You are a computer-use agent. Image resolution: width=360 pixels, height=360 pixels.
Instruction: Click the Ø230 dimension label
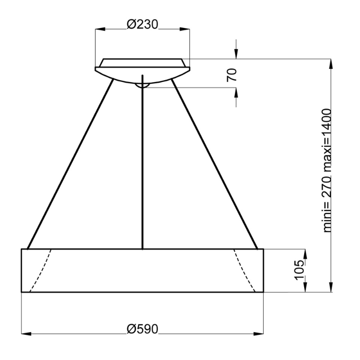point(142,24)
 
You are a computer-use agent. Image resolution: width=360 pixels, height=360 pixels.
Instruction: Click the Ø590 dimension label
point(142,329)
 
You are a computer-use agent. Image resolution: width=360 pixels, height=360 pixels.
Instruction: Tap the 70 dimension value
point(231,75)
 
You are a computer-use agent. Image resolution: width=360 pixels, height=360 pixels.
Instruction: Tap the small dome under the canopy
point(142,84)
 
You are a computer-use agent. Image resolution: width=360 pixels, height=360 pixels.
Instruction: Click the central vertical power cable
point(142,166)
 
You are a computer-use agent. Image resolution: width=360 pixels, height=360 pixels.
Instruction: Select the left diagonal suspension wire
point(70,164)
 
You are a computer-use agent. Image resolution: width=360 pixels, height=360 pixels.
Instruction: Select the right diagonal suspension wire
point(215,164)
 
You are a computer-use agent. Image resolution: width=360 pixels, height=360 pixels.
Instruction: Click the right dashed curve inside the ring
point(245,270)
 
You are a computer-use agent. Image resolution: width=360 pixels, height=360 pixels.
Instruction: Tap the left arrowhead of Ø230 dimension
point(99,29)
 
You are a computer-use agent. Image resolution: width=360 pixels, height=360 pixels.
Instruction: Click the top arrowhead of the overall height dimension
point(332,63)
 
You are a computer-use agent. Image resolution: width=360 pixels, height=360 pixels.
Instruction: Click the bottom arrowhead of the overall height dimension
point(332,288)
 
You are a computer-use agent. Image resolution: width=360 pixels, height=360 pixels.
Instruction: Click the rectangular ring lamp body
point(142,270)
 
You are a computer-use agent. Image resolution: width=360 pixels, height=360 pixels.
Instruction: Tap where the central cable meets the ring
point(142,248)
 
